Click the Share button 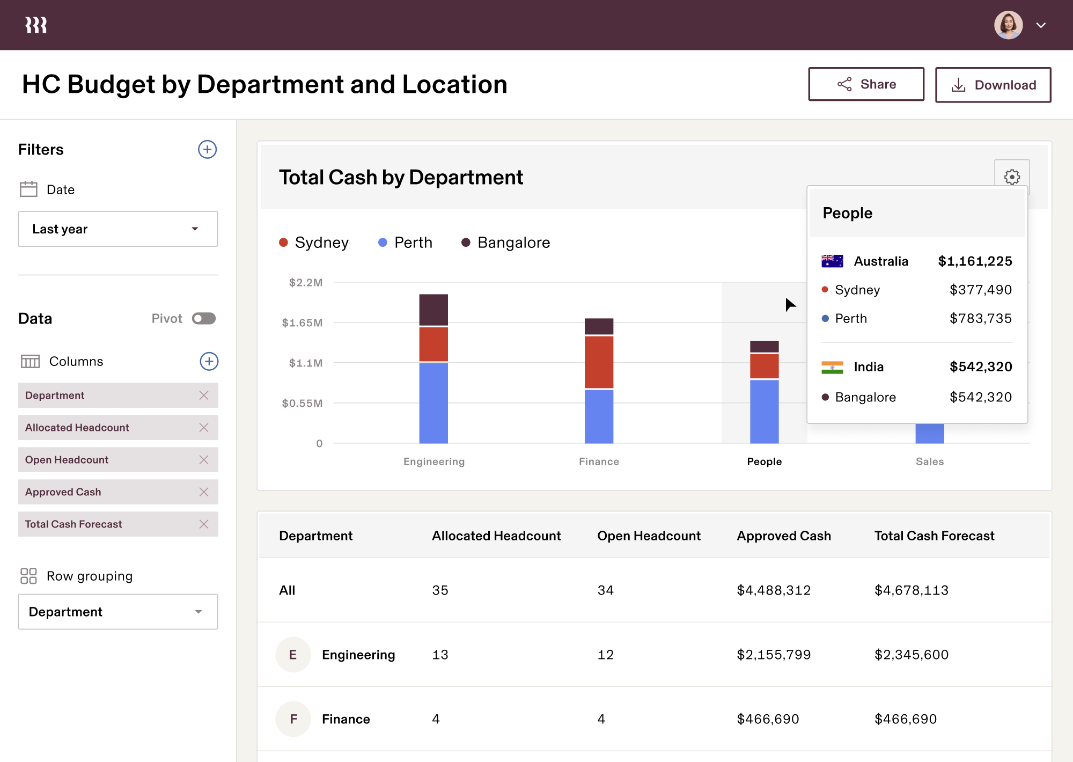[x=866, y=84]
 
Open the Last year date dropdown [x=117, y=229]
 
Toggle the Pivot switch [x=204, y=319]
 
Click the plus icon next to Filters [x=207, y=149]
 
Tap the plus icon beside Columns [x=209, y=361]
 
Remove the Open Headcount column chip [x=204, y=460]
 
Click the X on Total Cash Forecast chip [x=204, y=524]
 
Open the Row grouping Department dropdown [x=117, y=612]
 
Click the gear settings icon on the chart [x=1011, y=177]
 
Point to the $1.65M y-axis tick [x=303, y=323]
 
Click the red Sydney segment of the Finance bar [x=599, y=362]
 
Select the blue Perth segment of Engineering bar [x=433, y=402]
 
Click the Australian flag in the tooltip [x=832, y=261]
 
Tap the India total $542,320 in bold [x=980, y=367]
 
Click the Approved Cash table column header [x=783, y=536]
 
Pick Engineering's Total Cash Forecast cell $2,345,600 [x=911, y=655]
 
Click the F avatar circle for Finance [x=293, y=719]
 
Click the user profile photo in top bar [x=1008, y=25]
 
